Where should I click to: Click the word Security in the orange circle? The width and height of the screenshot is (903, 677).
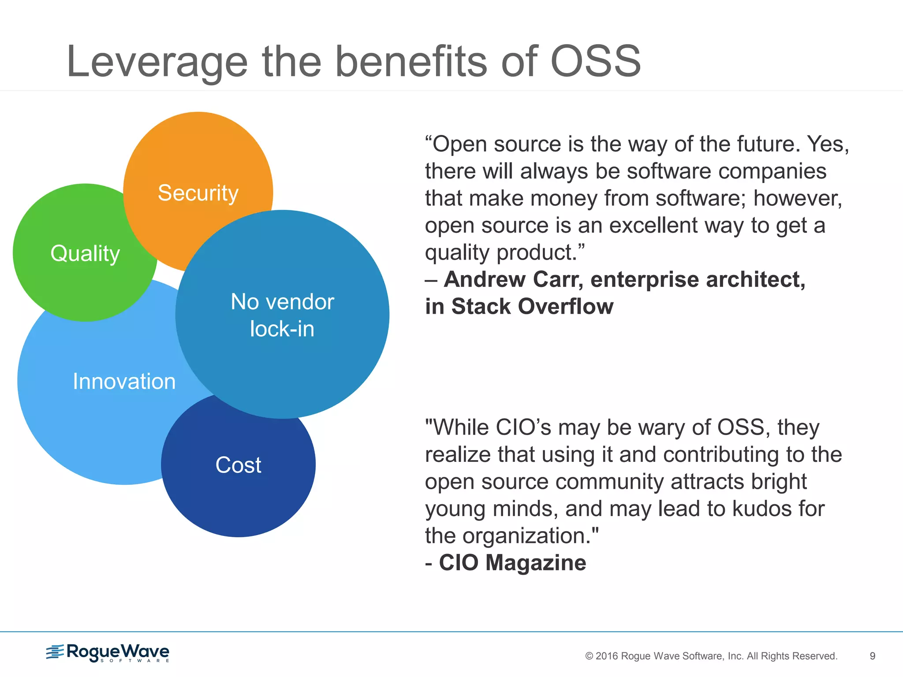(x=198, y=193)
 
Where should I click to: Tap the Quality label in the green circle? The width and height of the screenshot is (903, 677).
(x=85, y=253)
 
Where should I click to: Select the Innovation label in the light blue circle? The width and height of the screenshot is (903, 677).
(x=124, y=381)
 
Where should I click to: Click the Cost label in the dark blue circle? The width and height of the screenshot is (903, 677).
(x=238, y=465)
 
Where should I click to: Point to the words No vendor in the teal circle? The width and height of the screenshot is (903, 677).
(x=282, y=302)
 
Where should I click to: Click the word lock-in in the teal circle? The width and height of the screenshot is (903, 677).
(x=282, y=329)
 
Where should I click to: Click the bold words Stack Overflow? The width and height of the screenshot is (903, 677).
(x=532, y=306)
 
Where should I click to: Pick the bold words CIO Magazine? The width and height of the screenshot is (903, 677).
(x=512, y=563)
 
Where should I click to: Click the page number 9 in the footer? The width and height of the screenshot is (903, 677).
(x=872, y=656)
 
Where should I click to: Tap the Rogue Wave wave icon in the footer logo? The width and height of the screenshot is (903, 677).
(x=55, y=651)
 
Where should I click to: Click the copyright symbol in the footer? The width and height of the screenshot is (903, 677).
(x=589, y=656)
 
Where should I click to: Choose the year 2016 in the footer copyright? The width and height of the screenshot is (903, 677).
(x=607, y=656)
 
